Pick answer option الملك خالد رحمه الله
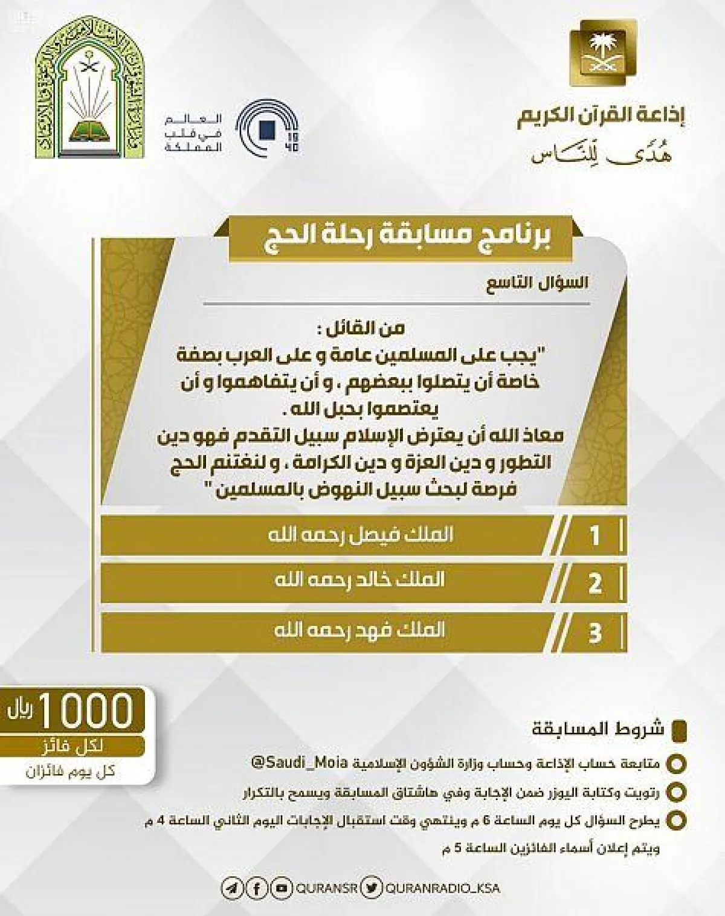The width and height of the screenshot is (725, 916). [359, 580]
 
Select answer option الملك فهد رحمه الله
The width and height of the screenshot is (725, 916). [359, 630]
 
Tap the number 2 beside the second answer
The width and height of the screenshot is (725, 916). [594, 584]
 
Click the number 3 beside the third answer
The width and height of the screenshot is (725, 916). [594, 634]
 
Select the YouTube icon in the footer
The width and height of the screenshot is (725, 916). [279, 888]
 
